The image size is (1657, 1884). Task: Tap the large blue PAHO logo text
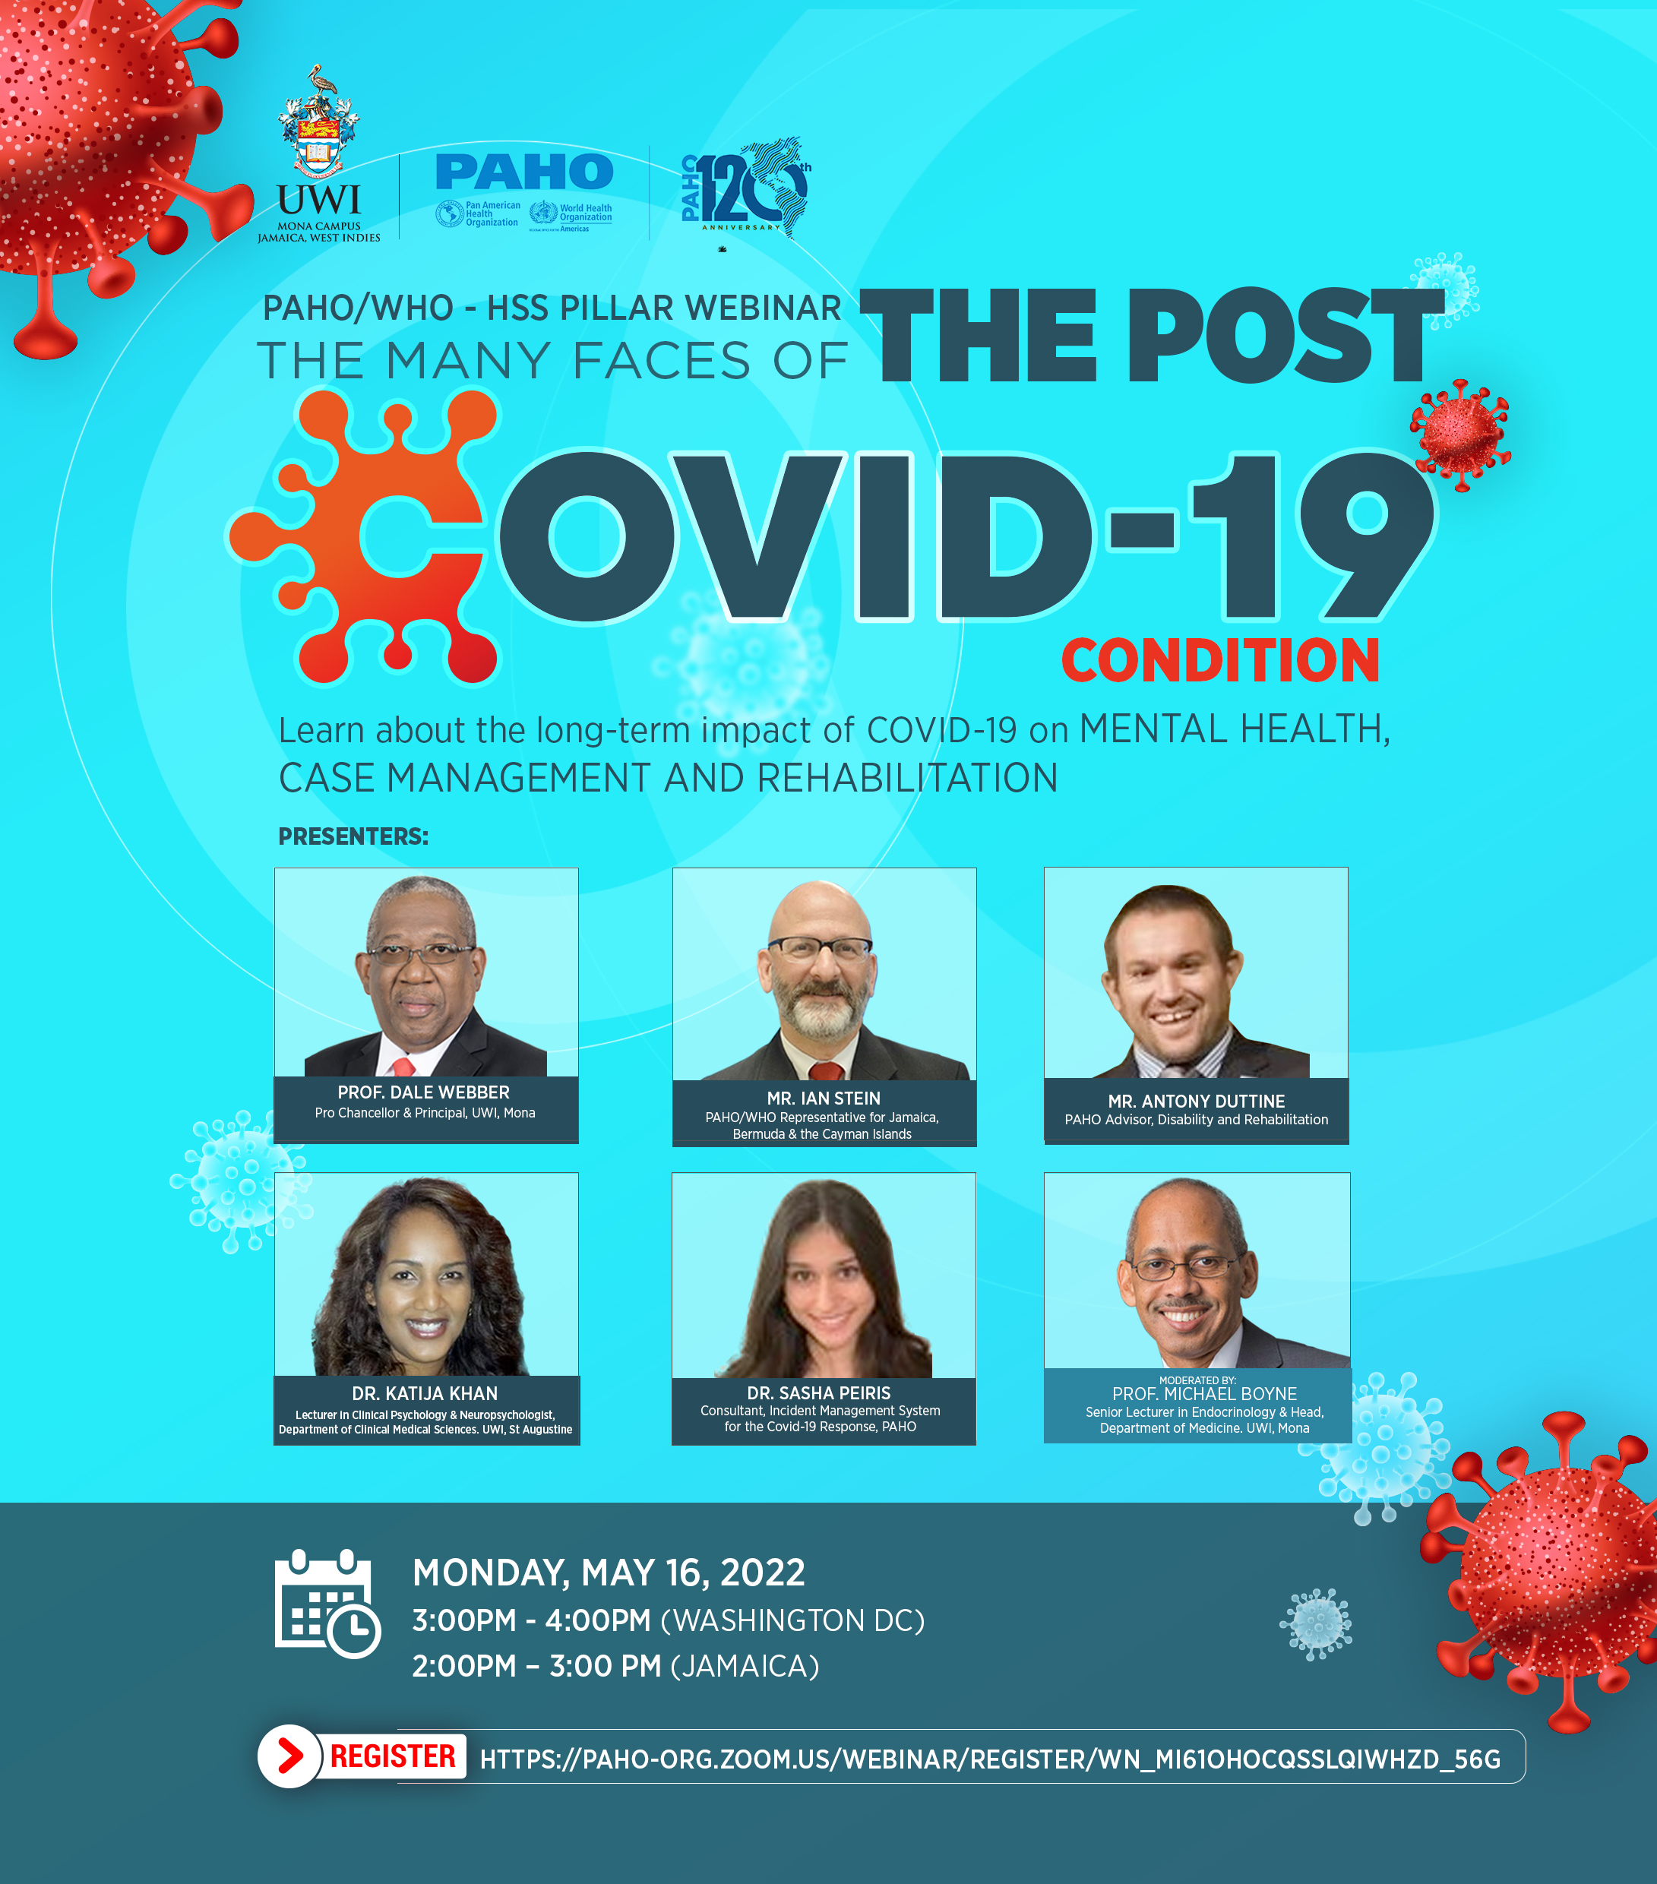(x=524, y=172)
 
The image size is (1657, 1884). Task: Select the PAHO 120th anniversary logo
(x=747, y=190)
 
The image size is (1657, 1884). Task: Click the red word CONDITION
(x=1220, y=661)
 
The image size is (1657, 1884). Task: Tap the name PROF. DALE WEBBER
(x=423, y=1092)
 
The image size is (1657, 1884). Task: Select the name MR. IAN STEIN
(x=824, y=1098)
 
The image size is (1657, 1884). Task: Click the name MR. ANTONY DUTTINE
(x=1196, y=1101)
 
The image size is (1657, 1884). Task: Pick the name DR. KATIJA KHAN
(x=425, y=1394)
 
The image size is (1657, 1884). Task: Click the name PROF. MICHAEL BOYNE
(x=1204, y=1394)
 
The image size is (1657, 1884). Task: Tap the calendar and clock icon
(x=327, y=1603)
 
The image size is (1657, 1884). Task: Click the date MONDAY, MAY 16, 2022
(x=609, y=1573)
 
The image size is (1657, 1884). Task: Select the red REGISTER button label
(x=393, y=1756)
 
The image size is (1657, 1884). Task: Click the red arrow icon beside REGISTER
(x=289, y=1756)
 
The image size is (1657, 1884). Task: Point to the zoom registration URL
(x=991, y=1759)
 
